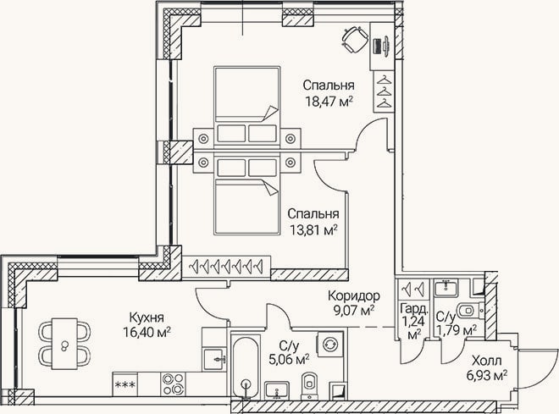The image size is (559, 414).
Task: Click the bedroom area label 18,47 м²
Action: (329, 102)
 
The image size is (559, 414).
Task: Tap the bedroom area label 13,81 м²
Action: (313, 230)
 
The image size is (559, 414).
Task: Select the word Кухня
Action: (147, 317)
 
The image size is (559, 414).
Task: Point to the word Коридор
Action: (354, 295)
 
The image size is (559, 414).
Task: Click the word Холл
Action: (487, 361)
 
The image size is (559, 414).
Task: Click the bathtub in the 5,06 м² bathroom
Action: (245, 367)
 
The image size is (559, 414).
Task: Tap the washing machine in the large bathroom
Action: (329, 345)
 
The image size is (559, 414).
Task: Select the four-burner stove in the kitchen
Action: (173, 384)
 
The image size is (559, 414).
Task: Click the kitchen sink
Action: (214, 360)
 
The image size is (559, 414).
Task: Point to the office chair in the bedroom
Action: (355, 40)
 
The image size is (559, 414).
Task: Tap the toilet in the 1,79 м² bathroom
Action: (470, 312)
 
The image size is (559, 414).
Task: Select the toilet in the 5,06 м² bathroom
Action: (309, 385)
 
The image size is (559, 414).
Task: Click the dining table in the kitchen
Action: (64, 344)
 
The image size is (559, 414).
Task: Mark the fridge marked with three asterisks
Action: (125, 384)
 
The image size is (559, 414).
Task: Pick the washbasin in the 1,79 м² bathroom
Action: (446, 288)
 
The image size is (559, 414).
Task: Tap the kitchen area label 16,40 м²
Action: (147, 333)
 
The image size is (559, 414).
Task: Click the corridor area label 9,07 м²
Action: (353, 311)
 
